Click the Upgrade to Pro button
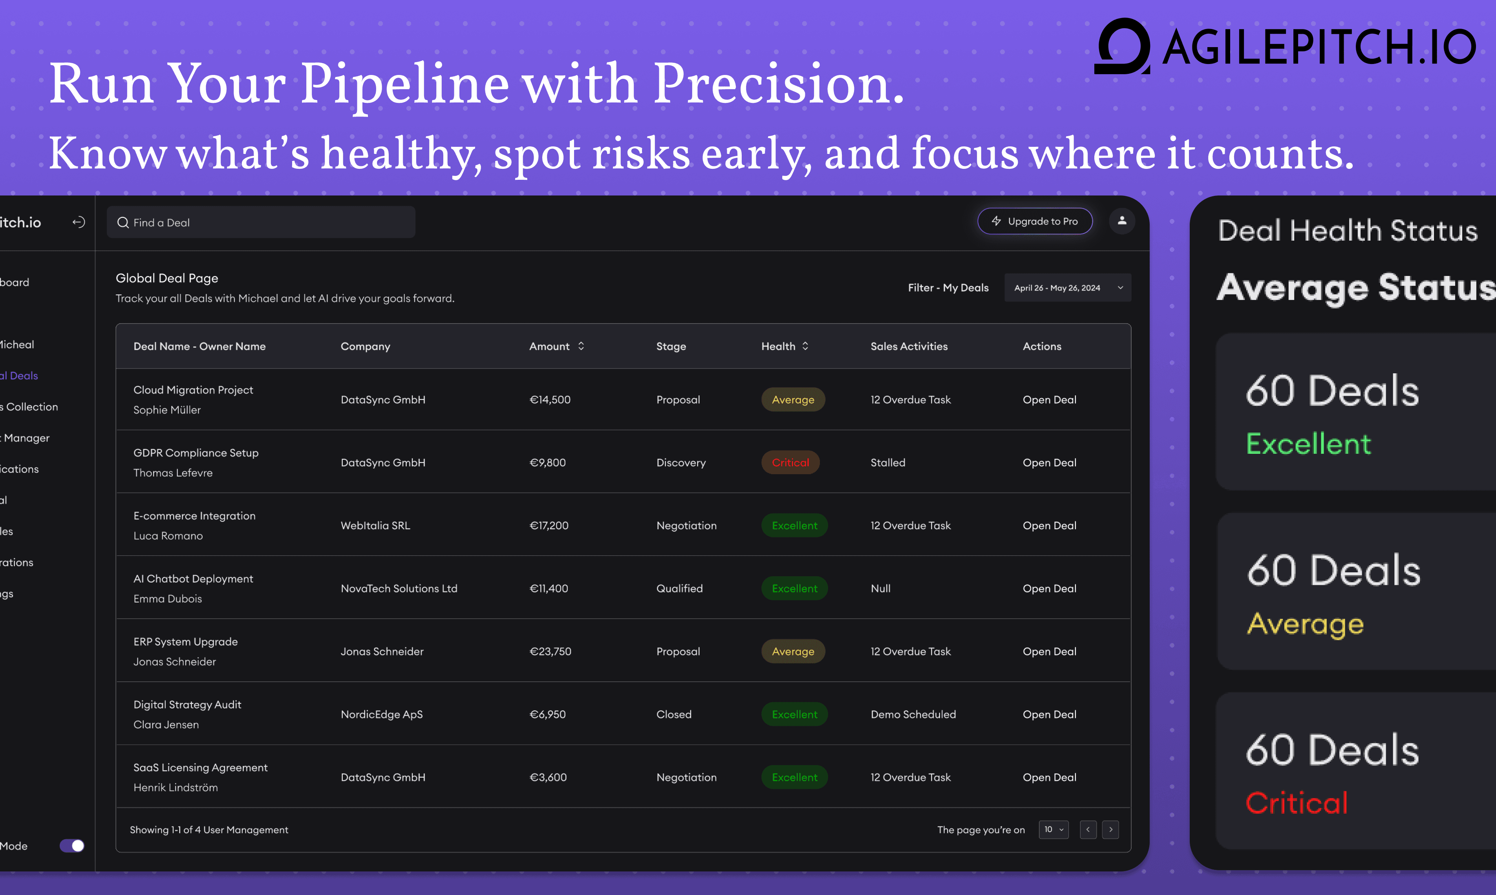coord(1035,221)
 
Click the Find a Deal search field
coord(261,223)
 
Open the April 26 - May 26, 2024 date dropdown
coord(1067,288)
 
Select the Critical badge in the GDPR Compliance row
coord(790,462)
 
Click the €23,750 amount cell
coord(550,651)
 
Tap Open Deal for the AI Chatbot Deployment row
coord(1049,589)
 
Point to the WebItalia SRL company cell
coord(375,525)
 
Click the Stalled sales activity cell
coord(887,462)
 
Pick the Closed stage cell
coord(674,714)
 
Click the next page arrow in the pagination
coord(1110,829)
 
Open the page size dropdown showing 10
coord(1053,829)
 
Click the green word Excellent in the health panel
coord(1308,444)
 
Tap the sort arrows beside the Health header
coord(805,346)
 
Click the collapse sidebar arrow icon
coord(79,223)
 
